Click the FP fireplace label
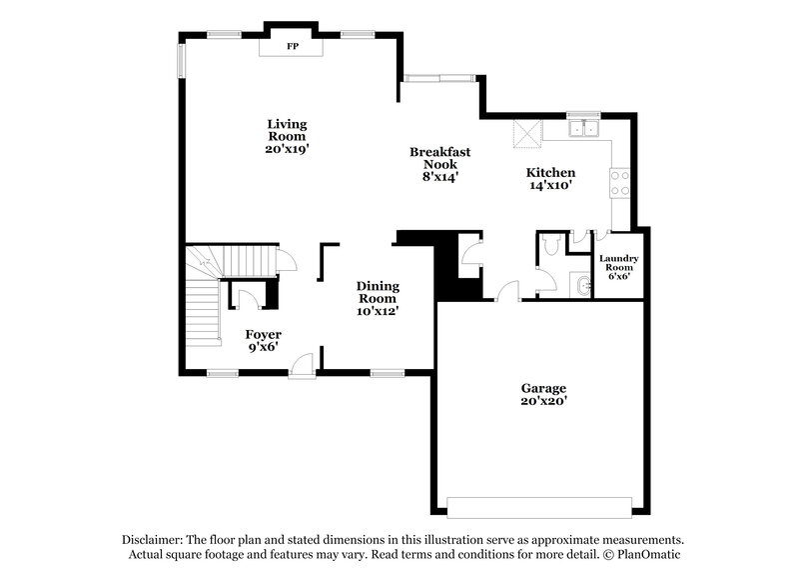pyautogui.click(x=294, y=47)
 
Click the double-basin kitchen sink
pyautogui.click(x=581, y=129)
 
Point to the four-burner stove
pyautogui.click(x=619, y=182)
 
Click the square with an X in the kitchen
pyautogui.click(x=526, y=133)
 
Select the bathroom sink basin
pyautogui.click(x=583, y=287)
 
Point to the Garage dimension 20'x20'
pyautogui.click(x=543, y=401)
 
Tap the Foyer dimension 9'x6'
pyautogui.click(x=265, y=347)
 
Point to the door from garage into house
pyautogui.click(x=508, y=291)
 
